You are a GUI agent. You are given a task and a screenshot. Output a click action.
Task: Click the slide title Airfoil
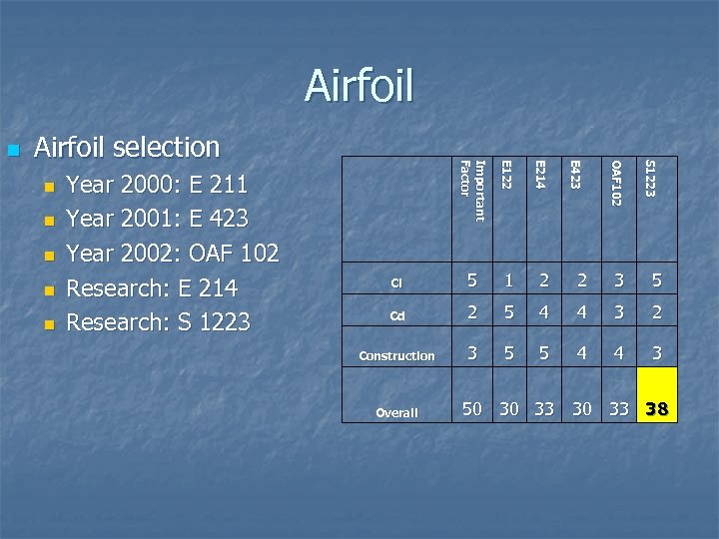(359, 86)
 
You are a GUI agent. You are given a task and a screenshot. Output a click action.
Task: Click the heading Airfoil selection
(127, 148)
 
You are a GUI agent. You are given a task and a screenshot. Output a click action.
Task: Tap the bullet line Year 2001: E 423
(157, 218)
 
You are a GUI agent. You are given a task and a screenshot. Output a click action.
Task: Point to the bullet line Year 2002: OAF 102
(172, 253)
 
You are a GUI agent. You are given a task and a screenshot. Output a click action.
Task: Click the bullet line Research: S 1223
(158, 321)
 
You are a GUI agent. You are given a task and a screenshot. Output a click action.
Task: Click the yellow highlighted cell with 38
(657, 408)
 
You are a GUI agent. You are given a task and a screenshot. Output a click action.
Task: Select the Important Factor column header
(471, 190)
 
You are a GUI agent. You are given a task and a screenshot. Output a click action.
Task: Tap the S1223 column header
(650, 178)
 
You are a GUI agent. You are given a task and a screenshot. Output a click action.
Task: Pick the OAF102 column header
(616, 183)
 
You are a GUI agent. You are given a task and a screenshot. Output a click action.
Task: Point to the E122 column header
(506, 174)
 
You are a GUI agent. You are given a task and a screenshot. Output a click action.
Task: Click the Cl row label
(395, 283)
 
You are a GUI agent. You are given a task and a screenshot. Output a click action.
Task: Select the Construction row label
(396, 355)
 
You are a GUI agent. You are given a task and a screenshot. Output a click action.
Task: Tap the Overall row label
(396, 412)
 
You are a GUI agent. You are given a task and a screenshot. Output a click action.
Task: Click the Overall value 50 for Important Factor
(472, 408)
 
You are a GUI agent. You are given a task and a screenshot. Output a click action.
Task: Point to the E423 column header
(575, 174)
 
